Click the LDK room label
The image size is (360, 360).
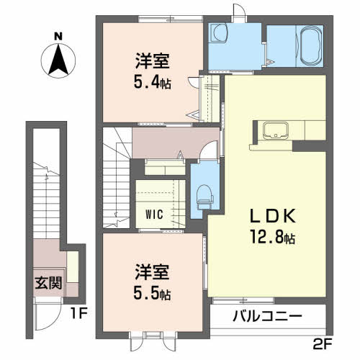(x=271, y=215)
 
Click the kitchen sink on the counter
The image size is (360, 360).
(x=276, y=130)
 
